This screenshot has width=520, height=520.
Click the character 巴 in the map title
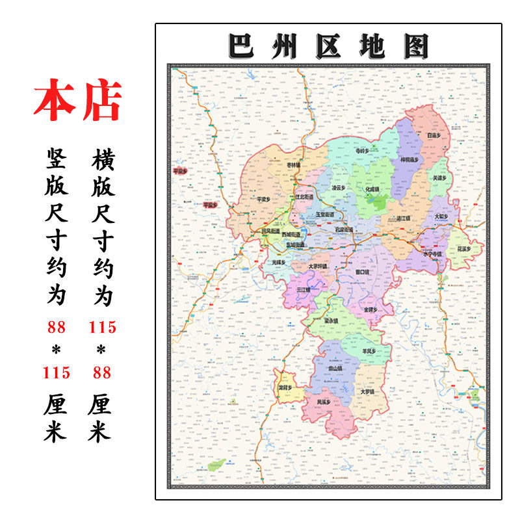(240, 46)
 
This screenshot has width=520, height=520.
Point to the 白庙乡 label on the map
(434, 135)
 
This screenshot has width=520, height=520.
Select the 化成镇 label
(372, 189)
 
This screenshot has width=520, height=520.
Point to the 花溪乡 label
(463, 248)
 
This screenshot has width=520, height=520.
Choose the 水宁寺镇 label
(432, 254)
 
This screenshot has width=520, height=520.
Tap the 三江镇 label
(304, 289)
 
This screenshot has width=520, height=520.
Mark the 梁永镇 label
(331, 320)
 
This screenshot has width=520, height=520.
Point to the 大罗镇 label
(367, 392)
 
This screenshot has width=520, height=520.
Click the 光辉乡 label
(279, 262)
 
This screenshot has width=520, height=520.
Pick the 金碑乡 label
(370, 309)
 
